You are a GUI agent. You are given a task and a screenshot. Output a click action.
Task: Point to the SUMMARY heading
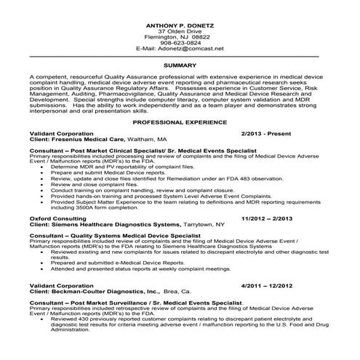(180, 65)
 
